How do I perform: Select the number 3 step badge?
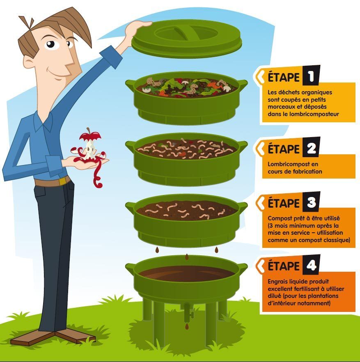(311, 202)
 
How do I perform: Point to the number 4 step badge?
(311, 265)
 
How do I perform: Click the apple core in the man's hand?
(89, 145)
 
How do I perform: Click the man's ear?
(28, 62)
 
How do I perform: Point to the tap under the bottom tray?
(188, 313)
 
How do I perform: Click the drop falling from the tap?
(187, 326)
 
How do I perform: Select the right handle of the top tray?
(242, 84)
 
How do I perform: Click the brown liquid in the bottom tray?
(187, 273)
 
